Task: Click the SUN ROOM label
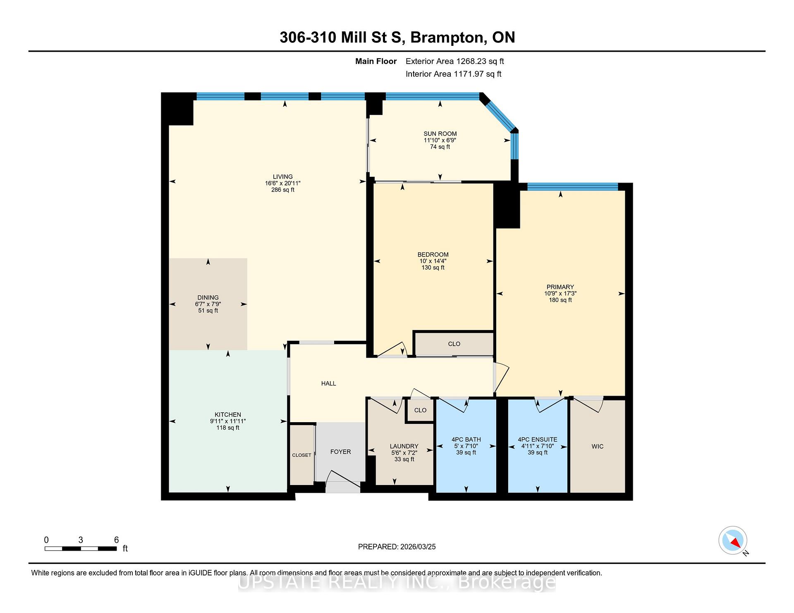tap(440, 133)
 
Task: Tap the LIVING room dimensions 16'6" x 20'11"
tap(283, 183)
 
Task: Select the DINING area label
tap(208, 297)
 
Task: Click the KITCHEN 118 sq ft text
tap(228, 428)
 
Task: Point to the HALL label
tap(329, 383)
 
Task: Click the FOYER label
tap(340, 452)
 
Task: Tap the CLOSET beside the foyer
tap(301, 455)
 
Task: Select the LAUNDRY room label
tap(404, 446)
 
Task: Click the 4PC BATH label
tap(466, 440)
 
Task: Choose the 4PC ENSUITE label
tap(538, 440)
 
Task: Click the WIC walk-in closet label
tap(598, 446)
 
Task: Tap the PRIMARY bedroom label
tap(560, 287)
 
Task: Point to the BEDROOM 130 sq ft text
tap(433, 268)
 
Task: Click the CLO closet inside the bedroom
tap(454, 344)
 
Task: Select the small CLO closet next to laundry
tap(420, 410)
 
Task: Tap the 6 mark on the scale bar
tap(116, 540)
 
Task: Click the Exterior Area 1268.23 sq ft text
tap(454, 61)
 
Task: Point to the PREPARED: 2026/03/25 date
tap(397, 546)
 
